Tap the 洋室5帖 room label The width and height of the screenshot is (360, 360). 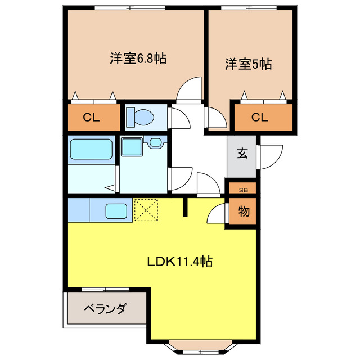pos(249,64)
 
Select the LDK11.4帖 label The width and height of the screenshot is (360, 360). pos(179,261)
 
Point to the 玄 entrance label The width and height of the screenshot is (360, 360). pos(242,154)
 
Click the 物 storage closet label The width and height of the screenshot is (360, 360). pos(243,212)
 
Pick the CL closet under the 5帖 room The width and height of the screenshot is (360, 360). pos(259,117)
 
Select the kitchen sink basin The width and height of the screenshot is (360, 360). pos(117,211)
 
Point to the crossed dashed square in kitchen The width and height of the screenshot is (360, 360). pos(147,210)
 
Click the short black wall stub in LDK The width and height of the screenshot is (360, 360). pos(185,208)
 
